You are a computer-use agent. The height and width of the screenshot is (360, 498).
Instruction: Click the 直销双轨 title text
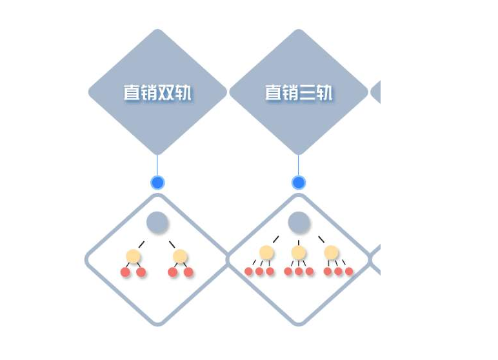coord(157,92)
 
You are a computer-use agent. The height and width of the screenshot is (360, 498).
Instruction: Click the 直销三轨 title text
coord(299,92)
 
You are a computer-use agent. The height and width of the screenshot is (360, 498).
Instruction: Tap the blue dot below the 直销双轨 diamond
coord(157,183)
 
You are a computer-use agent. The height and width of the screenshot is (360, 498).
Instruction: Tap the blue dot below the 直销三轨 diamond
coord(299,183)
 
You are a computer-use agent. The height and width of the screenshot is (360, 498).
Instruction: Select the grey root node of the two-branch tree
coord(157,222)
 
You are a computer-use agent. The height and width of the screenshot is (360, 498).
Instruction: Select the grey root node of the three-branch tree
coord(299,222)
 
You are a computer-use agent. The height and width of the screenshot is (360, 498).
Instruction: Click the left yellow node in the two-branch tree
coord(133,256)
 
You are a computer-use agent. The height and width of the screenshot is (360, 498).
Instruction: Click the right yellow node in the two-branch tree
coord(180,256)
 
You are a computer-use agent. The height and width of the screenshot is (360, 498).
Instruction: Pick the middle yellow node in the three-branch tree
coord(299,253)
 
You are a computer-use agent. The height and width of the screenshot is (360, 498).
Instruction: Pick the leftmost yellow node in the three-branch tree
coord(266,253)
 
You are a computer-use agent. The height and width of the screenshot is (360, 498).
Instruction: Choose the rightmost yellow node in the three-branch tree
coord(331,253)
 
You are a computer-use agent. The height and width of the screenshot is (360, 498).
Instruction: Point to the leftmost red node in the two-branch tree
coord(125,272)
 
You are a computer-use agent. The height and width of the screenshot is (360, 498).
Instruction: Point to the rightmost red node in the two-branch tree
coord(188,272)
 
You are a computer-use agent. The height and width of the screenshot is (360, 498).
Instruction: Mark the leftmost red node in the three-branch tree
coord(249,272)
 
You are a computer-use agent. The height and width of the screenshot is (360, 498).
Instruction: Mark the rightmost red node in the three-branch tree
coord(349,272)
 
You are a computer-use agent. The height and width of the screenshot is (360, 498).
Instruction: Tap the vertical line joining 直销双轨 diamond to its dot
coord(157,165)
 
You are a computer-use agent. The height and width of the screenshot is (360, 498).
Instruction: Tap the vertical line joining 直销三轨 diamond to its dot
coord(298,165)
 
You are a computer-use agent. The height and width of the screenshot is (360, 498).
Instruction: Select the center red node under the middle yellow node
coord(299,272)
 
